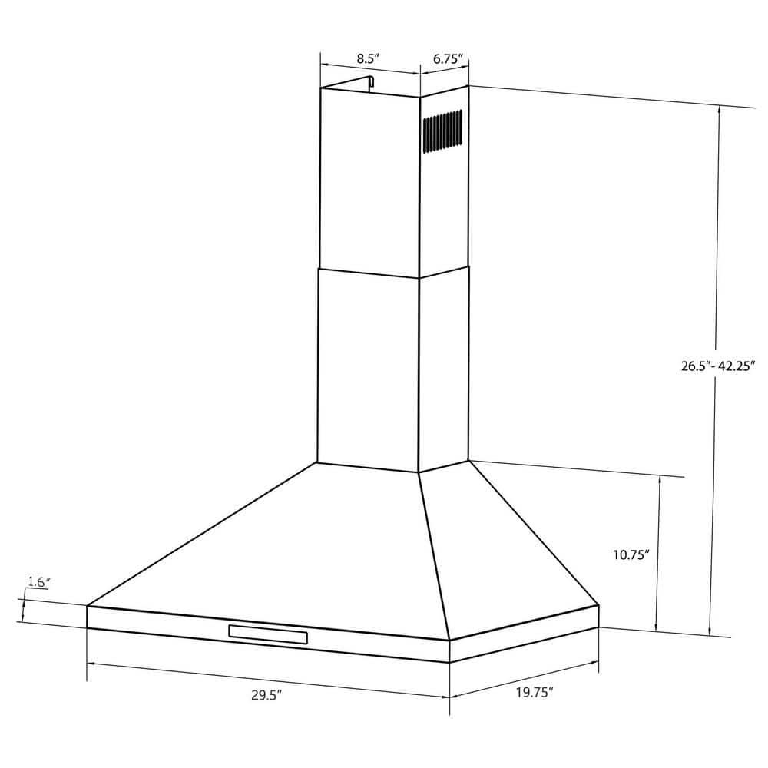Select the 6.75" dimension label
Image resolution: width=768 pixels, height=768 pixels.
coord(447,58)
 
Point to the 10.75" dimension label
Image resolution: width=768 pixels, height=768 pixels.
coord(631,554)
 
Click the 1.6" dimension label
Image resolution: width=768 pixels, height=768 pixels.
coord(38,582)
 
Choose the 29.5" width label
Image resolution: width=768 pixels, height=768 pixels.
coord(266,695)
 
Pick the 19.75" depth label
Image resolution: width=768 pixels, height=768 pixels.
coord(534,693)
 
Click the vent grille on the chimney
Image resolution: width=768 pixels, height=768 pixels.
coord(442,131)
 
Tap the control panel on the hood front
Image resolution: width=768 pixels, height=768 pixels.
coord(268,635)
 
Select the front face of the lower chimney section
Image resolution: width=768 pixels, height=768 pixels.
coord(368,369)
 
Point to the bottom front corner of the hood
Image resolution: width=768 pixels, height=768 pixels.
coord(449,662)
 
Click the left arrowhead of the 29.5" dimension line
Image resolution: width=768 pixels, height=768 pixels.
coord(89,662)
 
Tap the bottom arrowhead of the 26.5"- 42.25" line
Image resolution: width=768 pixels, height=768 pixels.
coord(710,631)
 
